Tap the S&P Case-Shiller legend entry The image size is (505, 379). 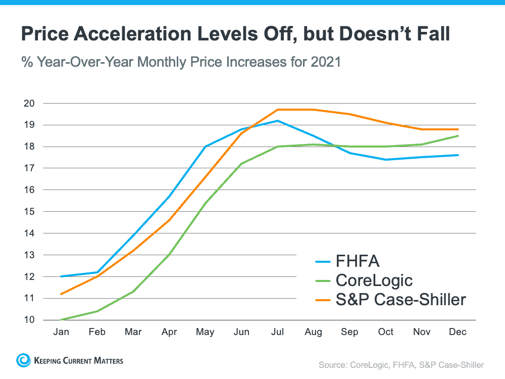[400, 299]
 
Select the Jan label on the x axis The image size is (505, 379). [61, 332]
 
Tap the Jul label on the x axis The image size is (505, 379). [277, 332]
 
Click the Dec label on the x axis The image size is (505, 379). [458, 332]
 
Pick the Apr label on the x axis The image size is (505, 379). [169, 332]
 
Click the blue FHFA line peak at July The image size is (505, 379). [277, 121]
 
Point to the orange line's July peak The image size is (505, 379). [277, 110]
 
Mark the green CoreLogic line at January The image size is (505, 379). [61, 319]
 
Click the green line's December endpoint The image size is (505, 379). [458, 135]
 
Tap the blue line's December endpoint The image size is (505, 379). [458, 155]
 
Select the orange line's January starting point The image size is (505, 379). [61, 294]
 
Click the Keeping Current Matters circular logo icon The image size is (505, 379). [24, 360]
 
